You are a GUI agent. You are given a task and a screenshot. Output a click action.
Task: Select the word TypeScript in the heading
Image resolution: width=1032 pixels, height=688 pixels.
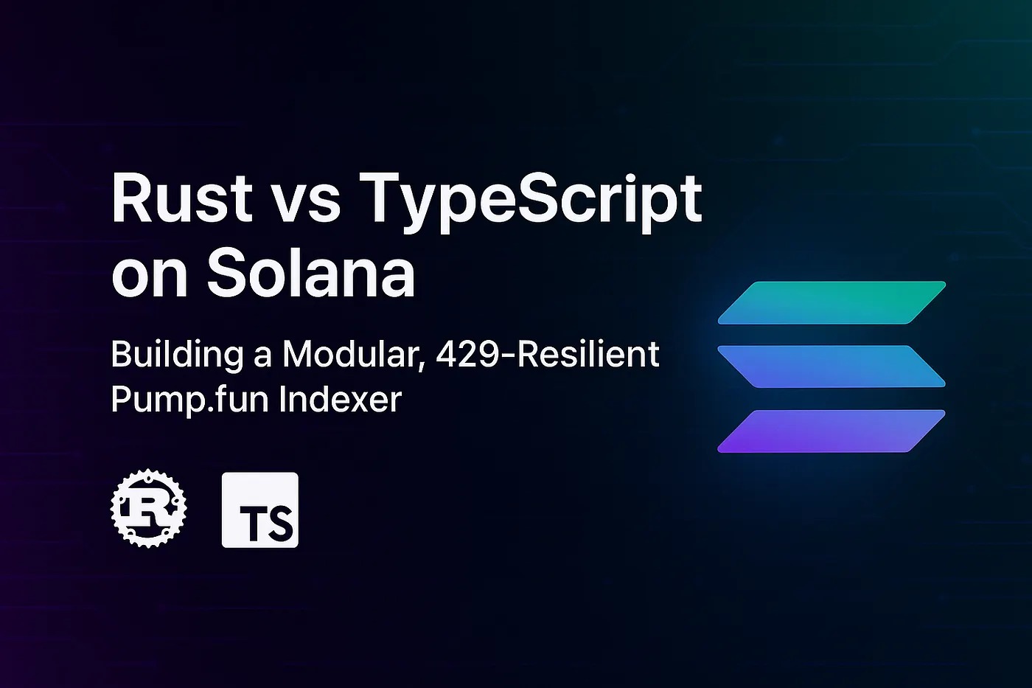[529, 203]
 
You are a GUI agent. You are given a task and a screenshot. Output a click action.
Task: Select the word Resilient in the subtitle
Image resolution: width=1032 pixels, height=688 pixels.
[589, 353]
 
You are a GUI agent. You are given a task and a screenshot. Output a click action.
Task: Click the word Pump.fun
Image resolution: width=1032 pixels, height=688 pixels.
[190, 400]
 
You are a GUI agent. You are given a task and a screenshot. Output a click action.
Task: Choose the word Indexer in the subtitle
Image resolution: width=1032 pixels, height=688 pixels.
[340, 398]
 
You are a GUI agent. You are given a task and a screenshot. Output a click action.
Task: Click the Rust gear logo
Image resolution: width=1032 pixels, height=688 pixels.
[149, 508]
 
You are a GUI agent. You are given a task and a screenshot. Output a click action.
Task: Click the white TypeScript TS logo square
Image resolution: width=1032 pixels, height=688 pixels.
[259, 510]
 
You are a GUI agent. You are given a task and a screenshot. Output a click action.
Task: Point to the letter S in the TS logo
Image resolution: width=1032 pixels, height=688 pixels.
[279, 524]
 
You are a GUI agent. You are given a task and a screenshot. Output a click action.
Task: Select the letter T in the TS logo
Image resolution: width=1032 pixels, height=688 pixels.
[249, 524]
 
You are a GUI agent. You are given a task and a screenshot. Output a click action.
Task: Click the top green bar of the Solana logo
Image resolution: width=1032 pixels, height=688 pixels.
[831, 303]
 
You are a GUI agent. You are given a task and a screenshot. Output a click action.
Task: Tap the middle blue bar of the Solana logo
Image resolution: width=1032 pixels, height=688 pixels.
[831, 366]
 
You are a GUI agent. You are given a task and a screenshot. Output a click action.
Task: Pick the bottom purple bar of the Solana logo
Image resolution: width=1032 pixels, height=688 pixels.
[831, 431]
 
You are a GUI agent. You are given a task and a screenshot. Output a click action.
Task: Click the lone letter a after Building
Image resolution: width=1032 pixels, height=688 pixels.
[263, 358]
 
